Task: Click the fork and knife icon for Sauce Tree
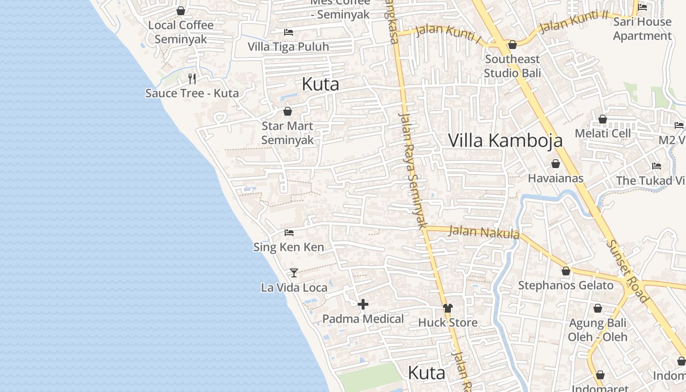click(192, 78)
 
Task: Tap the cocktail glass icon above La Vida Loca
click(294, 272)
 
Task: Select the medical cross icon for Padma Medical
click(363, 305)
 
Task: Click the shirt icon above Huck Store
click(448, 308)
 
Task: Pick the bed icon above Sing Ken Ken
click(289, 232)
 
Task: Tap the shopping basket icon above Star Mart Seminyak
click(288, 111)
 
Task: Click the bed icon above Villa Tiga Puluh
click(289, 32)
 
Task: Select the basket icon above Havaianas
click(556, 164)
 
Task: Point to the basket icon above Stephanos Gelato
click(566, 271)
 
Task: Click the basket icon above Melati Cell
click(603, 119)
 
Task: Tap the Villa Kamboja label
click(505, 140)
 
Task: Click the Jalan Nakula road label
click(484, 232)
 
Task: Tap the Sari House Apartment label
click(642, 28)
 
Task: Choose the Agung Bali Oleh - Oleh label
click(597, 330)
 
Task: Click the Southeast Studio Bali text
click(512, 66)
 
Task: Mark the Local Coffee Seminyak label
click(181, 32)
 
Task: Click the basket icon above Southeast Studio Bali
click(513, 45)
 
